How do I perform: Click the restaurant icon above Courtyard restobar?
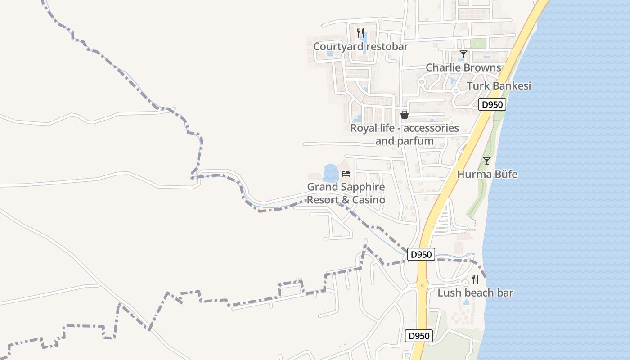click(x=360, y=33)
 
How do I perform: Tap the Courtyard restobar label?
click(x=360, y=46)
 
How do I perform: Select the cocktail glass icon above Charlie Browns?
click(x=463, y=54)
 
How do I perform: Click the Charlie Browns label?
click(x=463, y=67)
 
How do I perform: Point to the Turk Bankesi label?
click(x=499, y=85)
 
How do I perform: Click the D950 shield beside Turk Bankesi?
click(x=492, y=105)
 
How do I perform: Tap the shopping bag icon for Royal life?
click(x=404, y=115)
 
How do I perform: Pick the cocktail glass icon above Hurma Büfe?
click(x=486, y=161)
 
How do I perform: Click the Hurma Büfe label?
click(x=487, y=174)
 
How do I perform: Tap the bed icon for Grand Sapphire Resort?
click(x=346, y=173)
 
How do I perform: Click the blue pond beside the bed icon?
click(x=331, y=173)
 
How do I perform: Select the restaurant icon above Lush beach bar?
click(x=475, y=279)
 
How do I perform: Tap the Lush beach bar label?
click(x=475, y=293)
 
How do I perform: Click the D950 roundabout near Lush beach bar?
click(x=422, y=285)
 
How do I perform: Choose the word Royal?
click(x=362, y=128)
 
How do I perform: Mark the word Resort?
click(x=323, y=200)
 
